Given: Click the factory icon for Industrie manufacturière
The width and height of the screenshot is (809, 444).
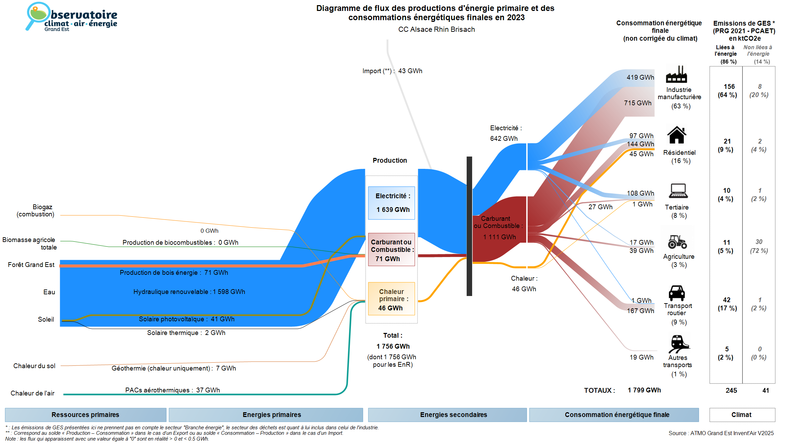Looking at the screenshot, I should click(x=676, y=75).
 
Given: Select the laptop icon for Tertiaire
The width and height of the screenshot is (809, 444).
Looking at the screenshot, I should click(x=678, y=191).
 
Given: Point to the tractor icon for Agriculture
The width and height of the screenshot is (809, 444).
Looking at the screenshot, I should click(x=677, y=242).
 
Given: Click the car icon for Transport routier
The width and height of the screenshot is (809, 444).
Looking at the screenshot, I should click(x=677, y=293).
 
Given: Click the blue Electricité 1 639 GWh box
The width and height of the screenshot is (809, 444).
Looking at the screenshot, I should click(x=391, y=203).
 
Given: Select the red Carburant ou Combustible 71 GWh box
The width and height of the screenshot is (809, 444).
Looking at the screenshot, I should click(x=391, y=250).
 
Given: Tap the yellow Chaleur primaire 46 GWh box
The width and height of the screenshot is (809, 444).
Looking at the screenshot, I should click(x=391, y=299).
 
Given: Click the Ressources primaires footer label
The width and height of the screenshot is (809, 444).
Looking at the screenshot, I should click(x=85, y=415).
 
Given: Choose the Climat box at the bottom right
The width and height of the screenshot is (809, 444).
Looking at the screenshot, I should click(x=742, y=415).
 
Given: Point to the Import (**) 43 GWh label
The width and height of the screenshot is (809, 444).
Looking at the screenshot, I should click(x=392, y=71).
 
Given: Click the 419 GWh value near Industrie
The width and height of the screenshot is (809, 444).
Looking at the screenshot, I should click(x=640, y=77).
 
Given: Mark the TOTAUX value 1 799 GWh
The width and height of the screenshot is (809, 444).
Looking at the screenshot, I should click(x=644, y=390).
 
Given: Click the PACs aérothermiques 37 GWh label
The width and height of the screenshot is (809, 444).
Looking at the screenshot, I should click(x=172, y=390).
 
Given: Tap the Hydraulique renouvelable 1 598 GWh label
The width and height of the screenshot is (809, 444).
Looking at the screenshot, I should click(x=189, y=292).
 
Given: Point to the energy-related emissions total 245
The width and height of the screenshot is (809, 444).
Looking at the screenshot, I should click(x=731, y=390).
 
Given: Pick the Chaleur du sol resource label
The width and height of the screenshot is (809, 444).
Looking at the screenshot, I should click(x=34, y=366).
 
